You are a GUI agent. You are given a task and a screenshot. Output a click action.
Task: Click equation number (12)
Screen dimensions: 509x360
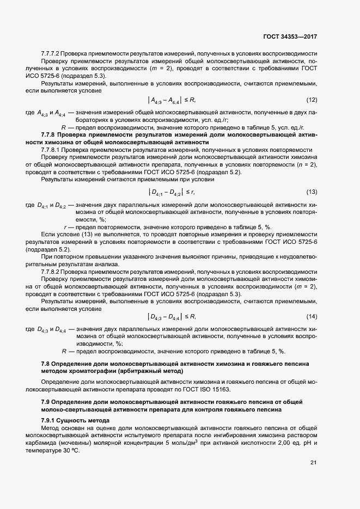coord(312,100)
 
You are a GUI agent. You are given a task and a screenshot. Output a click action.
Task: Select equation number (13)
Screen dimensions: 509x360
coord(312,192)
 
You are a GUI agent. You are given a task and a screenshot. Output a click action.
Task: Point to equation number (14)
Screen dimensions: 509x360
coord(312,316)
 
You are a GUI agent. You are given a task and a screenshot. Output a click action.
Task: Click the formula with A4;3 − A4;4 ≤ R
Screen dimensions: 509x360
coord(172,100)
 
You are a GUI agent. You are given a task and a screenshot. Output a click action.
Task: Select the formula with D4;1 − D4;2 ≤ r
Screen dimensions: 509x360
coord(172,192)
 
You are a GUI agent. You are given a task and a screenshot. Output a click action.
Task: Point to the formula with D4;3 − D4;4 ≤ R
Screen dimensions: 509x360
coord(172,316)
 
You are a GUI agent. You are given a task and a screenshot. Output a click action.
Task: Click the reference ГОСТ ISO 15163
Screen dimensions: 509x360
coord(210,390)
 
